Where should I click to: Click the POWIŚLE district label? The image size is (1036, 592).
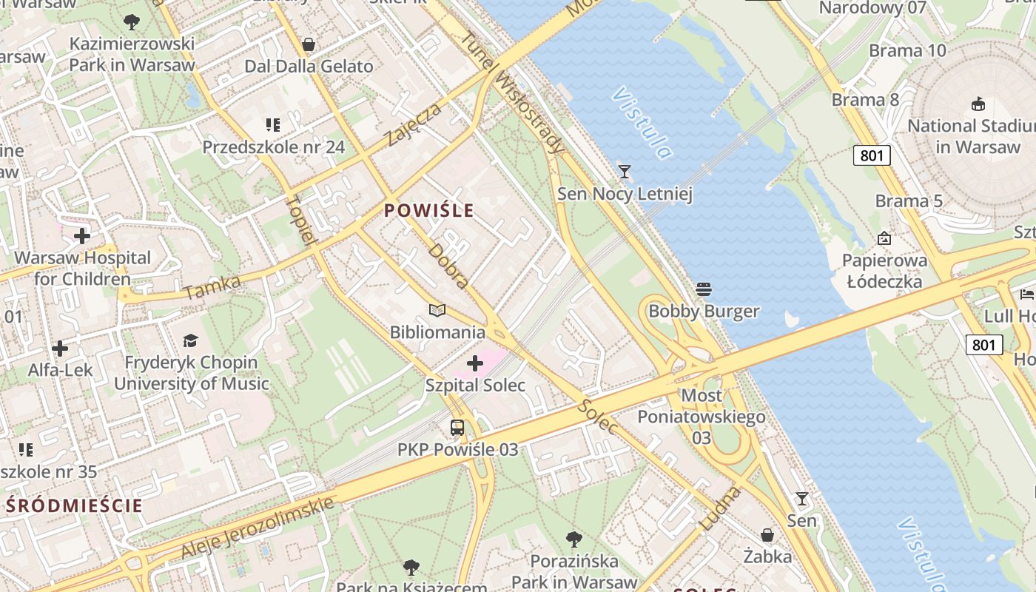(429, 211)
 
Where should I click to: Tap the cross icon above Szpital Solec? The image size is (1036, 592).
(475, 363)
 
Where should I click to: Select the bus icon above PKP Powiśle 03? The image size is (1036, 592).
(457, 428)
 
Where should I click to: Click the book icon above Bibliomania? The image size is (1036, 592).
(437, 311)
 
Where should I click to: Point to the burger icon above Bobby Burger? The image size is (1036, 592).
(704, 289)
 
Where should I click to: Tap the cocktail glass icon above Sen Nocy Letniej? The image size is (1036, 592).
(625, 172)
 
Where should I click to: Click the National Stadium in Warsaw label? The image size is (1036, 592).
(971, 136)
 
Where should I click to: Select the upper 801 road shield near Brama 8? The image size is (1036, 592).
(872, 155)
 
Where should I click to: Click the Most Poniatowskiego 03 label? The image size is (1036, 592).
(701, 417)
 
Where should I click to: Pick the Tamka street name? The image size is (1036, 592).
(212, 287)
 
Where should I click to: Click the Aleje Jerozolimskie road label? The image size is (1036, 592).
(257, 528)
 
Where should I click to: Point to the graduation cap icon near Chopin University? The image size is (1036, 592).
(191, 340)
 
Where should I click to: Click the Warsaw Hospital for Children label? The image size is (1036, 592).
(82, 269)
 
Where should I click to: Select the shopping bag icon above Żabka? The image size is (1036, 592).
(767, 534)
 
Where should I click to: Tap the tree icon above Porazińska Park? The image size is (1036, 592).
(573, 539)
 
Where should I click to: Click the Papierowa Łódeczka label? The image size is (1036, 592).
(884, 271)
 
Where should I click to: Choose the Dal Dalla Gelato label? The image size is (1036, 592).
(309, 66)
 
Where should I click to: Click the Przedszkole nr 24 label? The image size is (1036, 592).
(274, 147)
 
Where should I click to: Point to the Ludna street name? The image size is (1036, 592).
(719, 508)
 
